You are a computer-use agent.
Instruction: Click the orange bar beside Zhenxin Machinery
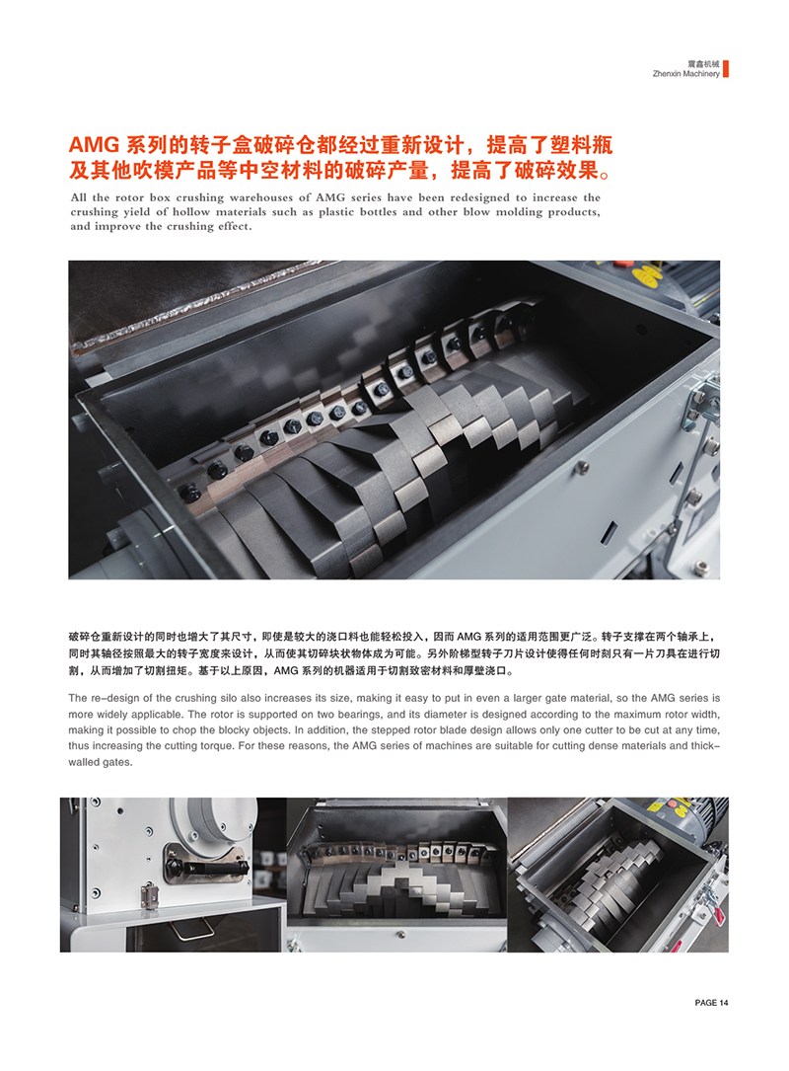[x=726, y=68]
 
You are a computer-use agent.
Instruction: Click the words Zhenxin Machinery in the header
[x=685, y=74]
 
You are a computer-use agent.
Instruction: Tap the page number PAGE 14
[x=711, y=1003]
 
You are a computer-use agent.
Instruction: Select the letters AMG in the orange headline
[x=95, y=145]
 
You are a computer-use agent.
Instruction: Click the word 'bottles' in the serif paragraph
[x=378, y=212]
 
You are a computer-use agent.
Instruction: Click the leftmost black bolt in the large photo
[x=189, y=492]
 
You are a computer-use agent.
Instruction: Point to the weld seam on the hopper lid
[x=198, y=299]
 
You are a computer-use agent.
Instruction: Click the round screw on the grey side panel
[x=583, y=467]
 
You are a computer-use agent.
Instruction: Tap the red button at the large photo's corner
[x=621, y=263]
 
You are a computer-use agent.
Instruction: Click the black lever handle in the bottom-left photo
[x=206, y=866]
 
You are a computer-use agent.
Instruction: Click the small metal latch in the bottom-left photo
[x=148, y=893]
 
